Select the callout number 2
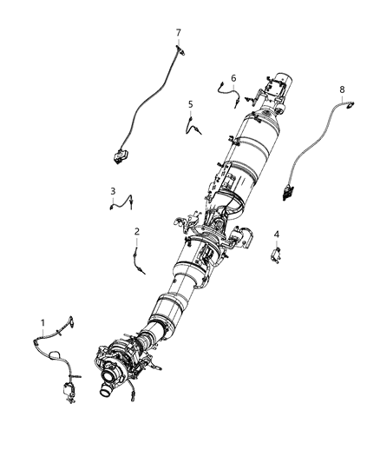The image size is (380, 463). tap(137, 231)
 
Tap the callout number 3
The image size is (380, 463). tap(113, 191)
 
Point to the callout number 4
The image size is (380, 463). tap(277, 234)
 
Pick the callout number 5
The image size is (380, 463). tap(190, 104)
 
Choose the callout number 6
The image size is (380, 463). tap(233, 77)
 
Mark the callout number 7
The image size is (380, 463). tap(178, 33)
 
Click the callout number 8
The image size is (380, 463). tap(341, 89)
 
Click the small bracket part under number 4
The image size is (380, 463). tap(277, 254)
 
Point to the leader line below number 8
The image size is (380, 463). tap(342, 100)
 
